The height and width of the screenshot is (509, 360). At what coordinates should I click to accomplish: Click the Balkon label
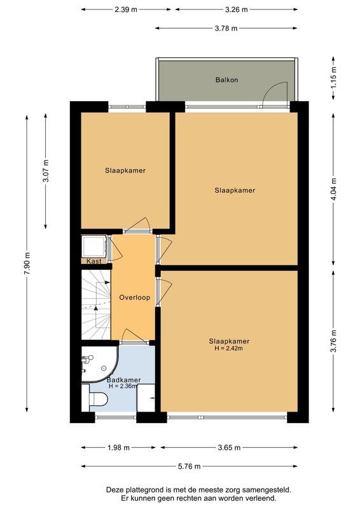point(226,80)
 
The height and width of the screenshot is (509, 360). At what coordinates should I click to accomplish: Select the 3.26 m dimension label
point(236,10)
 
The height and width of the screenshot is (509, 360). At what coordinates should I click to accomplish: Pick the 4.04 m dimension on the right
point(334,188)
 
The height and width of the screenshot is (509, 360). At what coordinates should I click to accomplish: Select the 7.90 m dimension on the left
point(27,263)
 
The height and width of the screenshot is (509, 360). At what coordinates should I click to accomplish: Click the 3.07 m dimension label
point(45,172)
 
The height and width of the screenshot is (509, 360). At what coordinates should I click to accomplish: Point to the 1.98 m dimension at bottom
point(118,448)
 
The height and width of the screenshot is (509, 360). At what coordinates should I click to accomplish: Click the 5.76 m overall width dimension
point(189,466)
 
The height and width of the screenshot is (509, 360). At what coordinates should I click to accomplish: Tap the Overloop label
point(134,298)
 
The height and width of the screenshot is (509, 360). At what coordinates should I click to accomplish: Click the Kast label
point(94,261)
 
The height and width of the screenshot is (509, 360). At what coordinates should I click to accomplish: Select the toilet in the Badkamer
point(98,399)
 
